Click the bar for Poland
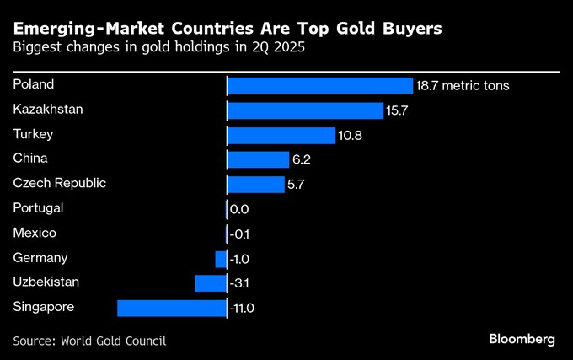click(x=320, y=86)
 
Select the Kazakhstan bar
click(x=305, y=110)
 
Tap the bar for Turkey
click(x=281, y=135)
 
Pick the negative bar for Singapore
click(x=172, y=308)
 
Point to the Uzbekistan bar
click(x=211, y=283)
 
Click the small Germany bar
click(x=221, y=259)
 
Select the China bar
click(x=257, y=159)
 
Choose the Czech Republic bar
click(x=255, y=184)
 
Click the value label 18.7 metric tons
click(x=463, y=86)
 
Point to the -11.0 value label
click(x=242, y=308)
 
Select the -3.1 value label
click(x=241, y=283)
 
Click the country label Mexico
click(x=35, y=233)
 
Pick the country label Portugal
click(x=39, y=207)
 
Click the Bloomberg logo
click(x=522, y=339)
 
